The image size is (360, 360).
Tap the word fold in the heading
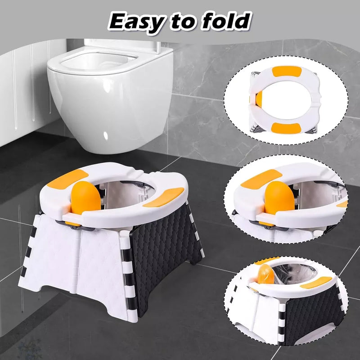point(224,21)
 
